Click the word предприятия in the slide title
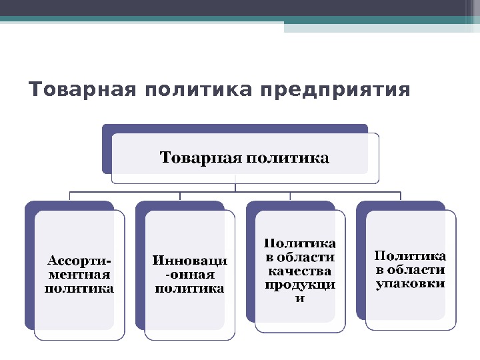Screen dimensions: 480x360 coord(335,89)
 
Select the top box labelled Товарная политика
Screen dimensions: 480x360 coord(245,158)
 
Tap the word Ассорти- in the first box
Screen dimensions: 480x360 coord(79,260)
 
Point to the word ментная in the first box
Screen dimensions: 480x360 coord(79,274)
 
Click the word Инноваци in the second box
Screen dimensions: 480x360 coord(190,260)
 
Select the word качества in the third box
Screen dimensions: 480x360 coord(300,271)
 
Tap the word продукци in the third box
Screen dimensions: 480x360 coord(300,285)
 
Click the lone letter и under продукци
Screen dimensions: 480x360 coord(300,298)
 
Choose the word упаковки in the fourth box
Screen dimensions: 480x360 coord(411,284)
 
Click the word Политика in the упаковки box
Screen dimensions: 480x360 coord(411,256)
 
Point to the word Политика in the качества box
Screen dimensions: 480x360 coord(300,243)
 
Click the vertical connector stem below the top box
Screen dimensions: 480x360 coord(235,185)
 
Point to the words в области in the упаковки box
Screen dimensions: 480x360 coord(411,270)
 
